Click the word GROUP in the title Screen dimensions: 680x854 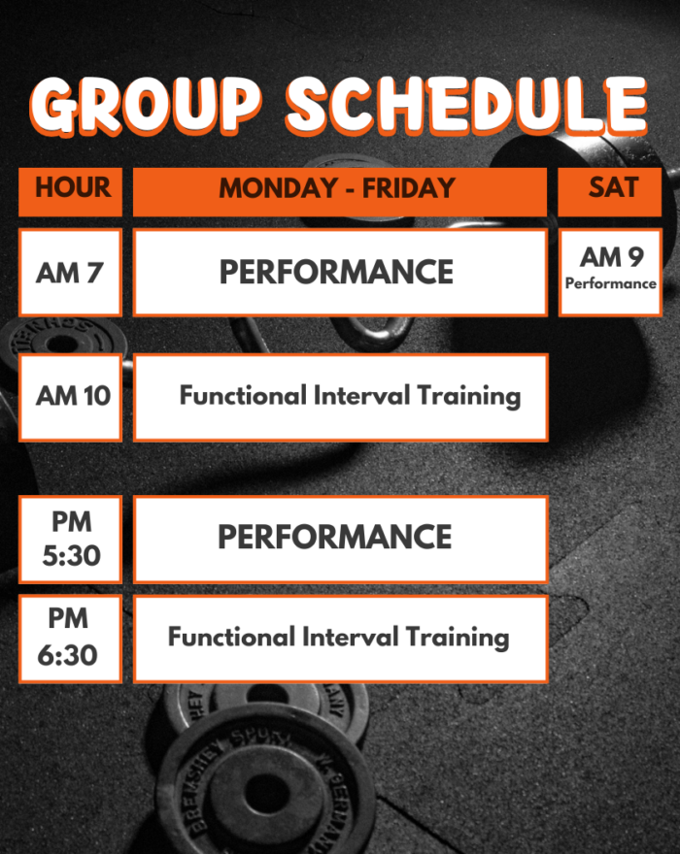point(146,105)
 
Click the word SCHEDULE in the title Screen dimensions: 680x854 point(467,105)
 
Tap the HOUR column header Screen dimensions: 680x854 point(70,192)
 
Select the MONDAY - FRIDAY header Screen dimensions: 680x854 point(340,192)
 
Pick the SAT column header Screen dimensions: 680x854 point(610,192)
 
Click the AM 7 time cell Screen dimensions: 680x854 point(70,273)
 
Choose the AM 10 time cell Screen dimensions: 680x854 point(70,397)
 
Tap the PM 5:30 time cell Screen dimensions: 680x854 point(70,540)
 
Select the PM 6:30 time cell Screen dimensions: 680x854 point(70,639)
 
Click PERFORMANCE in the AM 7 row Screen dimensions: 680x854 point(336,273)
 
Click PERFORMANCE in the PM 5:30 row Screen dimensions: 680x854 point(335,537)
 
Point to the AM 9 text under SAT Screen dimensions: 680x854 point(611,257)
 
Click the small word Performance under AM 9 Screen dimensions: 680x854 point(611,283)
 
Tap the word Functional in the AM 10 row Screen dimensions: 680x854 point(243,395)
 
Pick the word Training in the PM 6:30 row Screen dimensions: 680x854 point(457,638)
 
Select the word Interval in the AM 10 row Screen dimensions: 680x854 point(361,395)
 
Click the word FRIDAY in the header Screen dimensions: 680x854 point(408,188)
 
